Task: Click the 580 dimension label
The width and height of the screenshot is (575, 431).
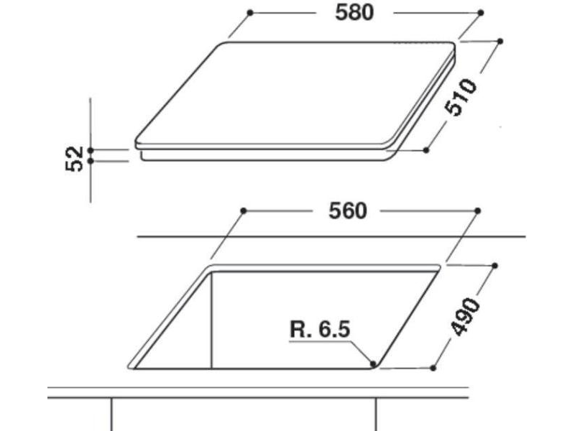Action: (x=354, y=13)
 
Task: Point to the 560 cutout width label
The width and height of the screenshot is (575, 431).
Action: (x=348, y=210)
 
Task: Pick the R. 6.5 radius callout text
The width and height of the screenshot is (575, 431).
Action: (x=320, y=330)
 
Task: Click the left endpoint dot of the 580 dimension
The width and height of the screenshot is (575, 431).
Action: (x=249, y=12)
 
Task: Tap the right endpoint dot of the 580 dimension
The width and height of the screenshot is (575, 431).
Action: (x=480, y=12)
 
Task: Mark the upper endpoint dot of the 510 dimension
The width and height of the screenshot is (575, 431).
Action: (x=500, y=41)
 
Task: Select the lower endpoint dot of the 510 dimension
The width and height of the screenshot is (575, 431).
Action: (x=426, y=150)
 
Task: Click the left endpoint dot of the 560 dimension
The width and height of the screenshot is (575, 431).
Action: (x=244, y=210)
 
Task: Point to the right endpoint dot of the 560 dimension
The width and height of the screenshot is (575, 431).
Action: (x=478, y=210)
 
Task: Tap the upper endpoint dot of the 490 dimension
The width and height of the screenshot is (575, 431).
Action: (x=496, y=266)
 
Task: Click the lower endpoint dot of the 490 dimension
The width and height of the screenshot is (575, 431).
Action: (x=433, y=368)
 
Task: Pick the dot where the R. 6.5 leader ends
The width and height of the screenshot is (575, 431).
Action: (x=372, y=363)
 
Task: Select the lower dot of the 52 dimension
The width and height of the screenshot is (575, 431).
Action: (x=91, y=161)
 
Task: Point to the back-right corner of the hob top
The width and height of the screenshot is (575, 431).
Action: (x=451, y=45)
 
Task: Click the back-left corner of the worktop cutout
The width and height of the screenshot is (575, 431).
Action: (x=211, y=267)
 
